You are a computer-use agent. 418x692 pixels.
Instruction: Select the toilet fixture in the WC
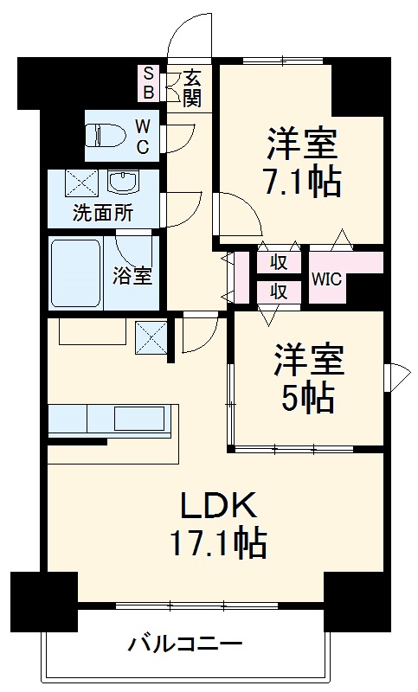click(107, 136)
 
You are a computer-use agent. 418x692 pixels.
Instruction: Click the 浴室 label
click(133, 276)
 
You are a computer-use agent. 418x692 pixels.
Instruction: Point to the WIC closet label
click(325, 279)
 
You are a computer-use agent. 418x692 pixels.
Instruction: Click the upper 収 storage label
click(278, 262)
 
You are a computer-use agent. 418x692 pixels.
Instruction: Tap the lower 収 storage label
click(278, 292)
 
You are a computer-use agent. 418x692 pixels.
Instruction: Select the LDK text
click(217, 505)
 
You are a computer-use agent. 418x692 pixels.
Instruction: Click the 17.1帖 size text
click(217, 544)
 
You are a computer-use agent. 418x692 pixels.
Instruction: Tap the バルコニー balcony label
click(185, 644)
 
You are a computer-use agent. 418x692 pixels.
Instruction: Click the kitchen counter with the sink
click(113, 420)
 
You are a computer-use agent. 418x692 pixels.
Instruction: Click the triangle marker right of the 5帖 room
click(397, 375)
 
